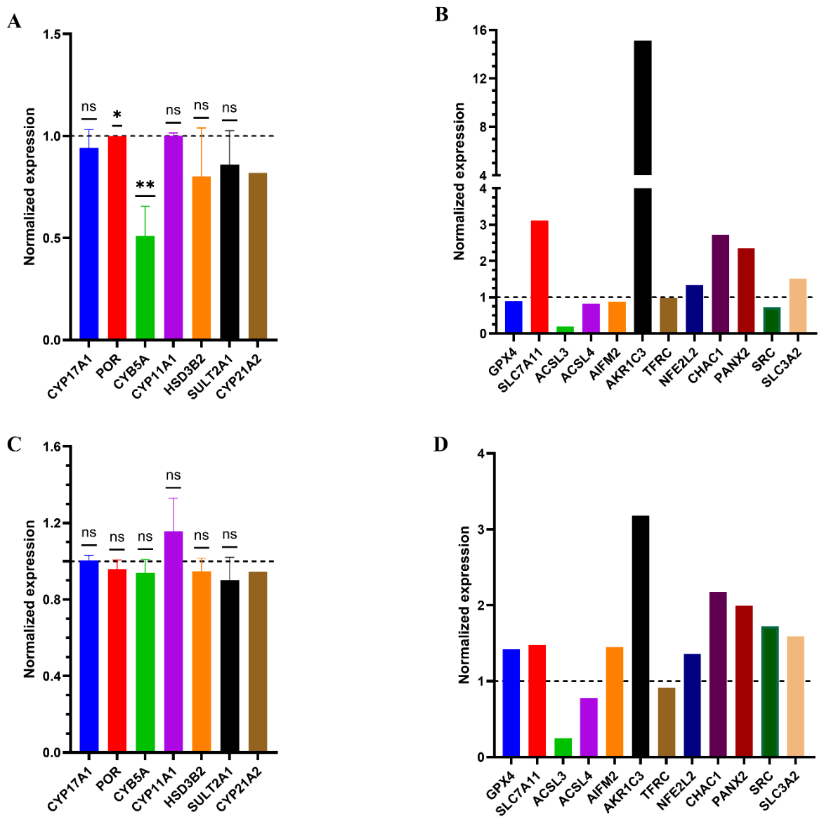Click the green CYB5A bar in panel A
145,288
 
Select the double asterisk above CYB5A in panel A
145,185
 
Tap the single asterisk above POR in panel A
117,115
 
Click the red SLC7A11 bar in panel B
539,276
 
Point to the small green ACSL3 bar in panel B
565,330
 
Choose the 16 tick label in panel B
479,30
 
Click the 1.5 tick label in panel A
51,34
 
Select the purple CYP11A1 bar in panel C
174,641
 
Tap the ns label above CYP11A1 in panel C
174,475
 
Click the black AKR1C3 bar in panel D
640,636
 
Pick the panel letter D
440,444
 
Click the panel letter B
441,15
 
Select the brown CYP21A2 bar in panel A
258,256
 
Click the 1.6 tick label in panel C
51,447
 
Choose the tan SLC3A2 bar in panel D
796,697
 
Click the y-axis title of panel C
30,599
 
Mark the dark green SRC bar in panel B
771,320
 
